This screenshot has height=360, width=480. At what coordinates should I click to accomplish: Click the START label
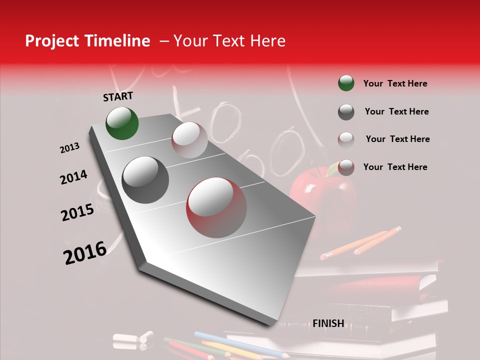[x=118, y=96]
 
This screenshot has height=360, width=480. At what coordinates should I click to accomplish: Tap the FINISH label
[x=328, y=323]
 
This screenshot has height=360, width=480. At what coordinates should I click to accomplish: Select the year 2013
[x=69, y=148]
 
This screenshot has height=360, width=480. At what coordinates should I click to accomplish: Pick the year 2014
[x=73, y=177]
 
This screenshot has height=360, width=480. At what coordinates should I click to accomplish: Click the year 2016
[x=85, y=253]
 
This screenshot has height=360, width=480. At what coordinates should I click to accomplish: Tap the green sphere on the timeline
[x=122, y=123]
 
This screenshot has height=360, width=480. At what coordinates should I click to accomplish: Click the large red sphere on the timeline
[x=216, y=208]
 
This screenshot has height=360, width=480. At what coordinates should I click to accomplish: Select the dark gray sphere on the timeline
[x=145, y=180]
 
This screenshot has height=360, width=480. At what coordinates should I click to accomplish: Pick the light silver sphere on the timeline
[x=189, y=140]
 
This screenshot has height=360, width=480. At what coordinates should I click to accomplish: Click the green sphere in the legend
[x=346, y=83]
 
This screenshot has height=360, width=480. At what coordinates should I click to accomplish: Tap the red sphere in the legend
[x=346, y=167]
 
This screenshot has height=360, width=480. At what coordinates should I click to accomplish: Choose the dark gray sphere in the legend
[x=346, y=112]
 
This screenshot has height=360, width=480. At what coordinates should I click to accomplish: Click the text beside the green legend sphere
[x=395, y=83]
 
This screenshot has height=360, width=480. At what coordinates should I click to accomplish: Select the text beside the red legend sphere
[x=395, y=167]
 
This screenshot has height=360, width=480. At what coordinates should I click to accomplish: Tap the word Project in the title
[x=51, y=41]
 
